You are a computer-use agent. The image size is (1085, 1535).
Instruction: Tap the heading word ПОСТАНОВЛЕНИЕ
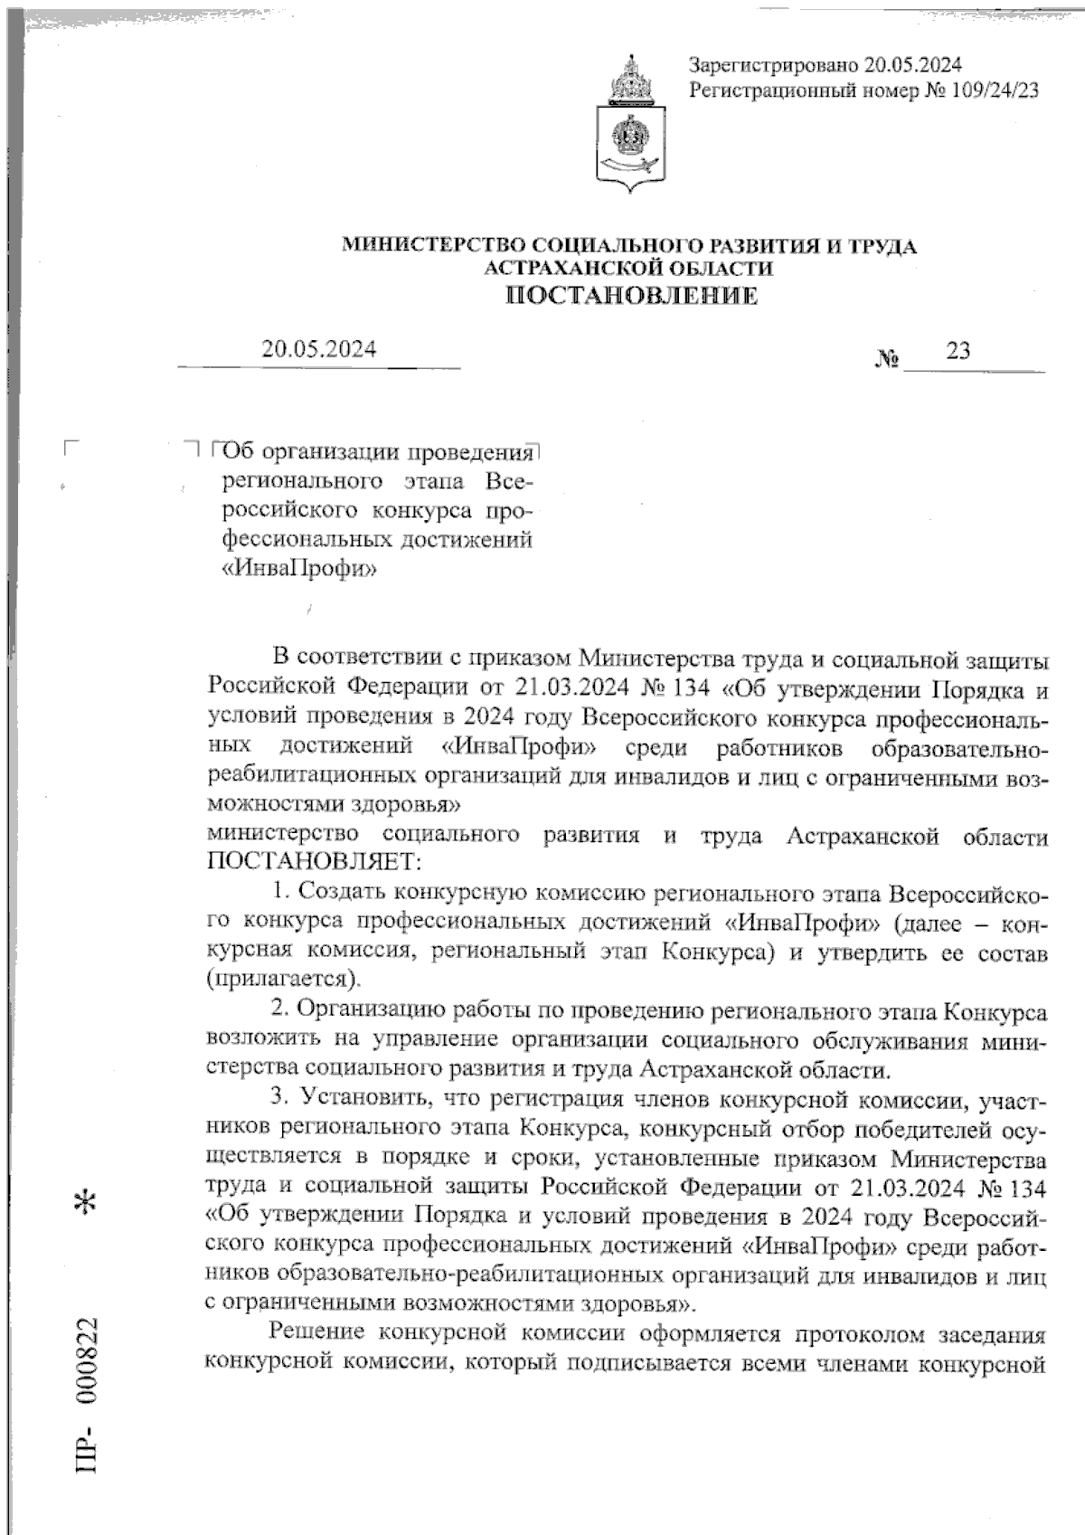[x=630, y=296]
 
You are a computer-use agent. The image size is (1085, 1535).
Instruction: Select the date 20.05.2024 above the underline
[x=319, y=349]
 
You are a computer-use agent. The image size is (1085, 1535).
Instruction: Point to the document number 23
[x=958, y=350]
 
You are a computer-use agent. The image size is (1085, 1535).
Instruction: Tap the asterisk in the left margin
[x=89, y=1204]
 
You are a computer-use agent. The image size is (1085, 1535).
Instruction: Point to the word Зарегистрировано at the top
[x=771, y=65]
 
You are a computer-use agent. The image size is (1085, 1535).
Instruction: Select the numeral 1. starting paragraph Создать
[x=279, y=892]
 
